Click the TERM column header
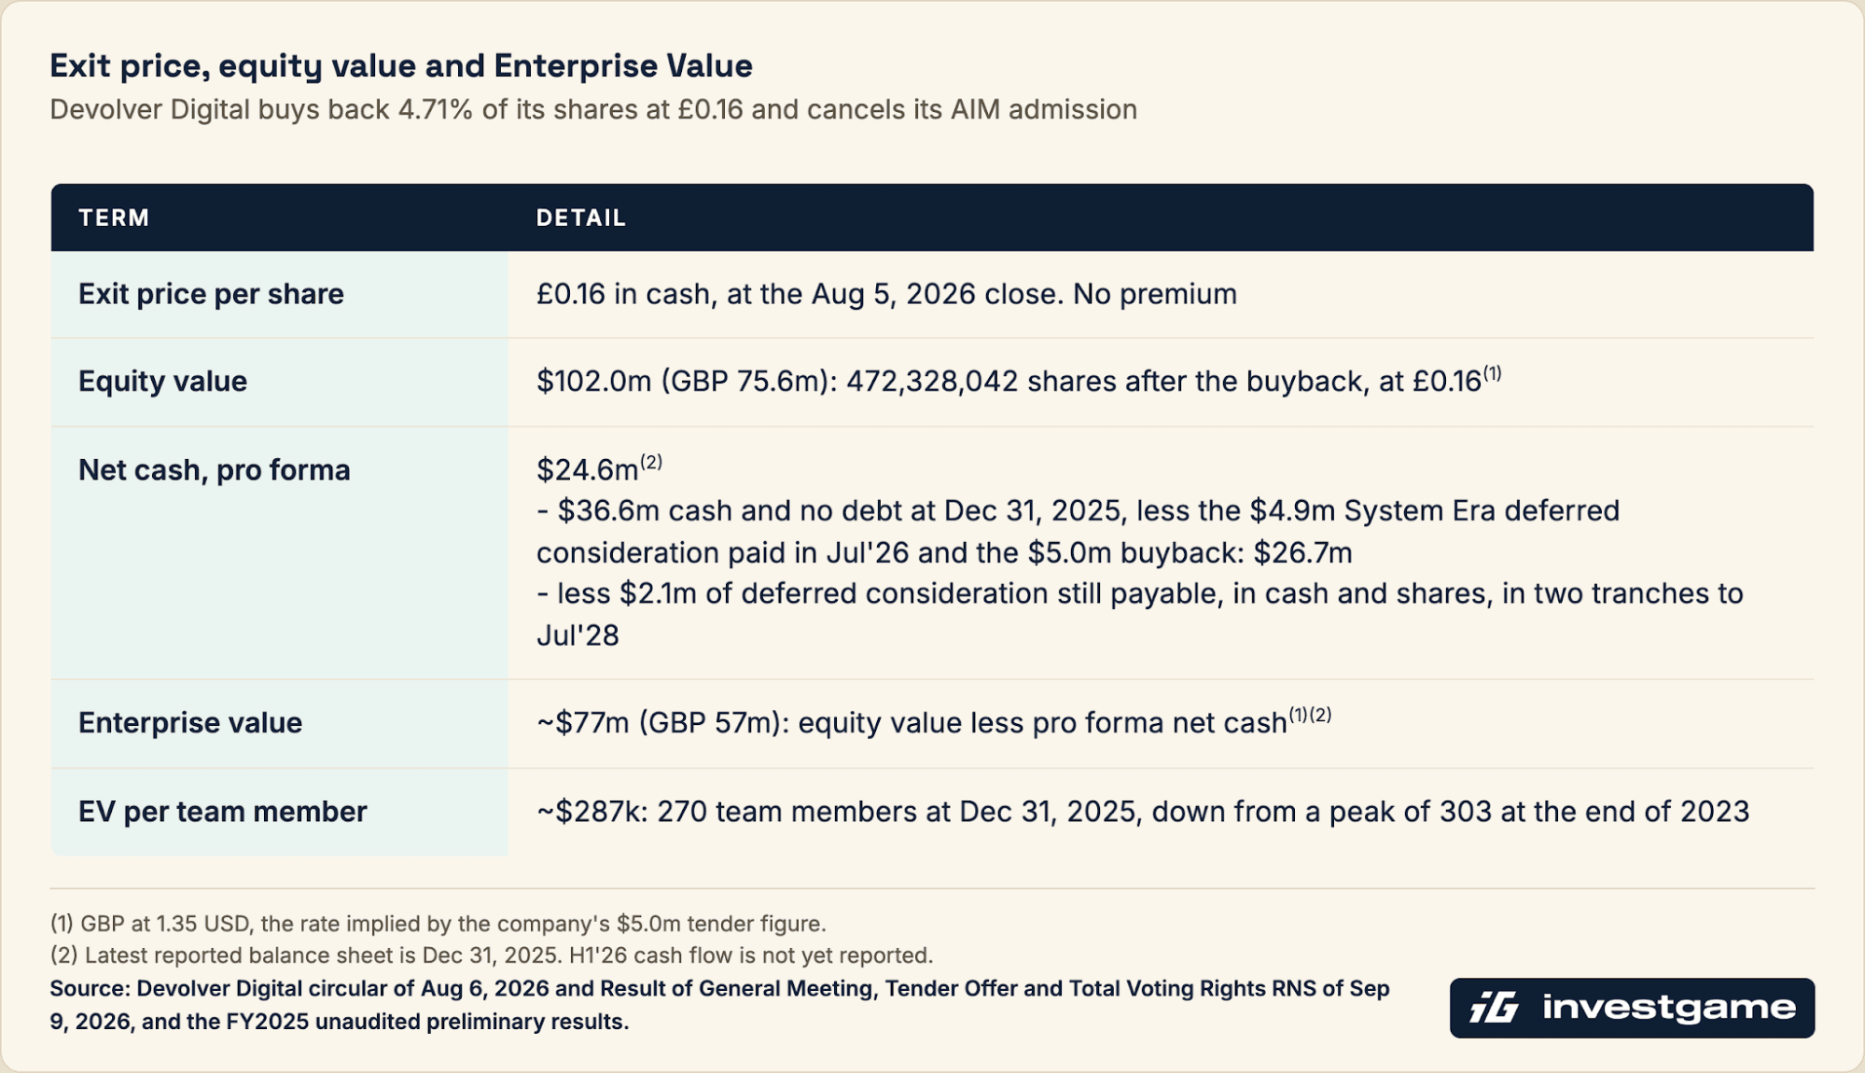[114, 217]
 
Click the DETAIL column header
[580, 217]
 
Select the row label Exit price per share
[211, 294]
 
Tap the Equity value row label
[162, 382]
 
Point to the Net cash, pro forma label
[214, 470]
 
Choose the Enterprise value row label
[190, 723]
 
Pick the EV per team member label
[222, 812]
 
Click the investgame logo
[1632, 1008]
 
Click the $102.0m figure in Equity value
[593, 382]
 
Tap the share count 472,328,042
[931, 382]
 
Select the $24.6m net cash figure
[587, 470]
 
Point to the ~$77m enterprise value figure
[583, 723]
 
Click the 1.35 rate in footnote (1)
[176, 924]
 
